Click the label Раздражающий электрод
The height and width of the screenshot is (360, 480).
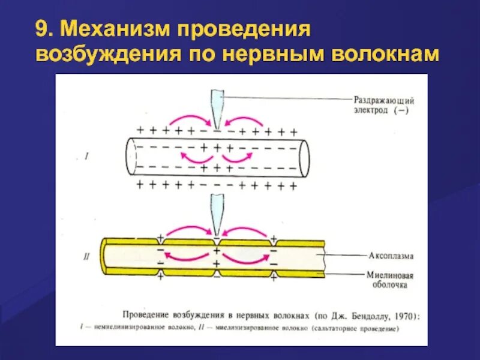coord(381,106)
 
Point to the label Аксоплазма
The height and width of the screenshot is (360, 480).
coord(389,256)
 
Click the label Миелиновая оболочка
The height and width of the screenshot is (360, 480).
coord(388,280)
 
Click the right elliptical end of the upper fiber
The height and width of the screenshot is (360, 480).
coord(302,157)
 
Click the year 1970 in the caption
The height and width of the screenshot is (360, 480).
coord(402,314)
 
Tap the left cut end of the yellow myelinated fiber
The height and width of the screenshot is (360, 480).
coord(106,257)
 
